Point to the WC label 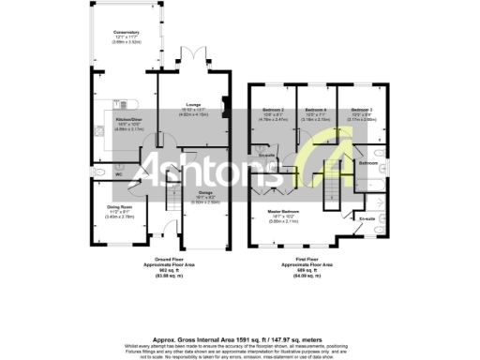pyautogui.click(x=119, y=174)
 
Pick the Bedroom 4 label pyautogui.click(x=316, y=111)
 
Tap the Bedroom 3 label pyautogui.click(x=362, y=111)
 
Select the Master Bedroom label pyautogui.click(x=283, y=212)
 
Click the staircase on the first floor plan pyautogui.click(x=325, y=169)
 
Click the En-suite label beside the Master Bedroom pyautogui.click(x=367, y=218)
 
